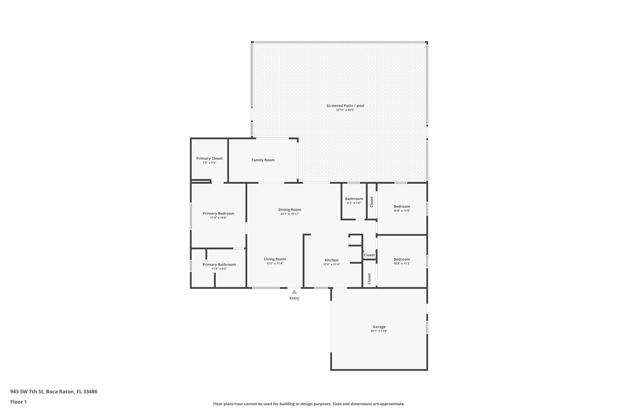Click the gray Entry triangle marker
tap(294, 292)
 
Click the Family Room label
tap(263, 160)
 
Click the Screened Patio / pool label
tap(345, 106)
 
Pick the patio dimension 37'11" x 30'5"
tap(345, 110)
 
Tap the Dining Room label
tap(290, 210)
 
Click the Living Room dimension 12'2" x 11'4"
tap(275, 263)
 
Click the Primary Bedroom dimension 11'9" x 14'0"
tap(218, 218)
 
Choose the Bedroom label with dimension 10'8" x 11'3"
tap(401, 259)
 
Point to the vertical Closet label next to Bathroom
tap(372, 202)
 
